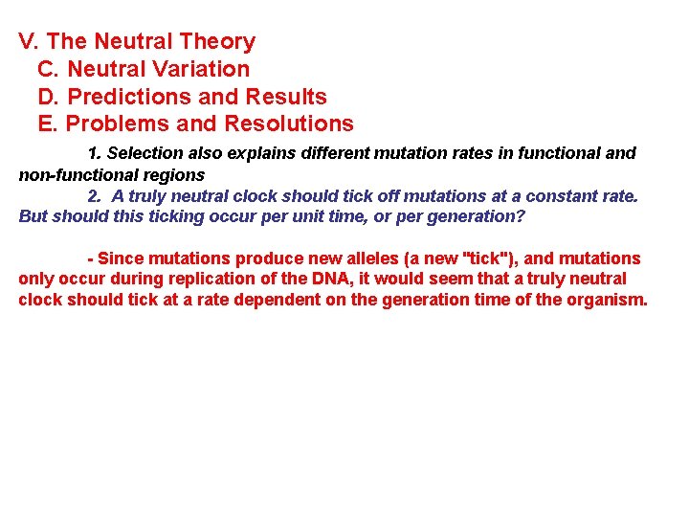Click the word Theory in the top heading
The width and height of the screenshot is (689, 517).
221,42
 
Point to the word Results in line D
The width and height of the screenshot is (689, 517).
286,97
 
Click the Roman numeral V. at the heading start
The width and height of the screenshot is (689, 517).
29,42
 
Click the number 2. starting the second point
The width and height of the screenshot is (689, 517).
94,195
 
